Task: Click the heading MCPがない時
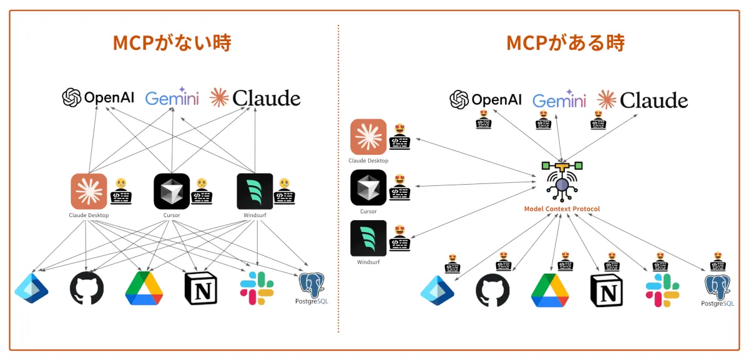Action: point(172,43)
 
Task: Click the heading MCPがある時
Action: point(565,43)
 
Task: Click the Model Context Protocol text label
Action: point(562,208)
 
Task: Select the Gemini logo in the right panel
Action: point(559,100)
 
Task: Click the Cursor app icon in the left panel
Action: point(172,191)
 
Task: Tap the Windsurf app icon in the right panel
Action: point(368,238)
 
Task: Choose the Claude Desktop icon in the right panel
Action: point(368,137)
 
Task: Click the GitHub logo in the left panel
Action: point(87,288)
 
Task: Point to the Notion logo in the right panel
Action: point(606,290)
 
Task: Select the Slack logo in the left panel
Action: point(257,288)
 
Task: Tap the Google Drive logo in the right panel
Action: point(550,290)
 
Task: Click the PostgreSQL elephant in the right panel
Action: point(718,285)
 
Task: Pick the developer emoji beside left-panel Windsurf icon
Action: point(285,191)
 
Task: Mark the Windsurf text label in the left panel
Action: point(255,215)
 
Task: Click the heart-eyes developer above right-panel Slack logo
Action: point(660,262)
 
